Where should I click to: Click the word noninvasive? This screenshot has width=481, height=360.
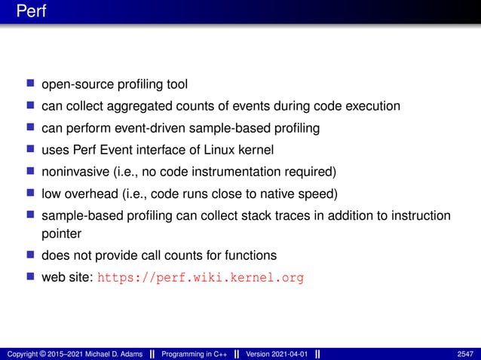pos(77,172)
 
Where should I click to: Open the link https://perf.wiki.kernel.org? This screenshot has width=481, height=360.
pos(201,277)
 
